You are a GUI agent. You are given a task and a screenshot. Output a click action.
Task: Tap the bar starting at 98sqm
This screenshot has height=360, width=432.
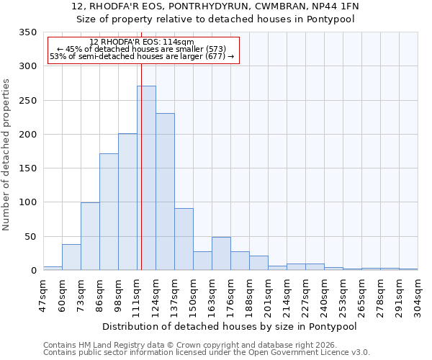(x=127, y=202)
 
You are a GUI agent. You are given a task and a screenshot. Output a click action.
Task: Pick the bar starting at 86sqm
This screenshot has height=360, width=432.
(x=109, y=212)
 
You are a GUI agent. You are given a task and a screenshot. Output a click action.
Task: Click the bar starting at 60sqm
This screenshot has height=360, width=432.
(x=71, y=257)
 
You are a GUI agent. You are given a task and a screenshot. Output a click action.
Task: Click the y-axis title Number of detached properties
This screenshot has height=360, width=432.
(x=7, y=155)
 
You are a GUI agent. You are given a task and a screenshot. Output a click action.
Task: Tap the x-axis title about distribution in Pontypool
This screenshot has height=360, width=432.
(x=230, y=326)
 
